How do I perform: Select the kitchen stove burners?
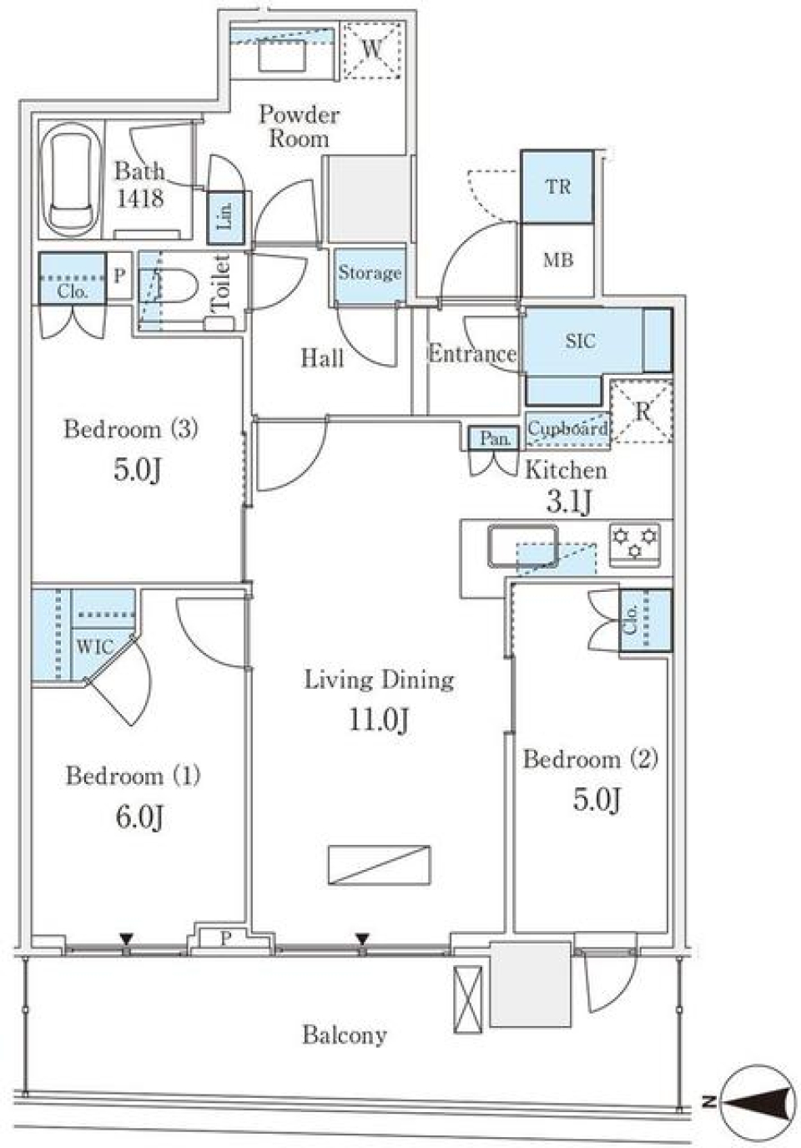(635, 545)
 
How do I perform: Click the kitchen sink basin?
(522, 546)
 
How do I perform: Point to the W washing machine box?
(372, 50)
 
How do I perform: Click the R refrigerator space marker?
(642, 411)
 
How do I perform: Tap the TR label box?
(557, 186)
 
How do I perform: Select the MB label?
(557, 260)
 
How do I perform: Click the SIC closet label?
(580, 341)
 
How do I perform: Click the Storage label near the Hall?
(370, 273)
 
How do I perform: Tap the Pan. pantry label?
(495, 438)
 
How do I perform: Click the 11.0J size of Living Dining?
(379, 721)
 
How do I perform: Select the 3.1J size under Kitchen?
(569, 502)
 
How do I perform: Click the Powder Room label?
(299, 127)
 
